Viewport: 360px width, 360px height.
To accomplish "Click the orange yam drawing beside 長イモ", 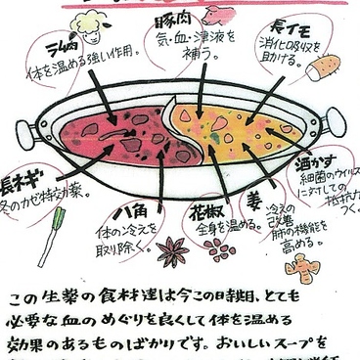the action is [324, 67].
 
